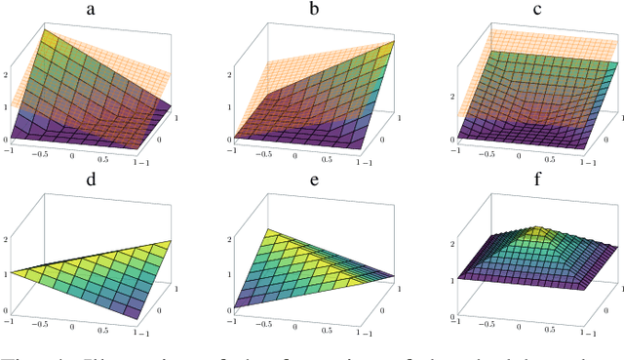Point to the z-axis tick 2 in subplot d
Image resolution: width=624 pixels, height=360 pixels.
point(7,237)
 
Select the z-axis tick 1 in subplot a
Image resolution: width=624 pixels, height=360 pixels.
point(7,106)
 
